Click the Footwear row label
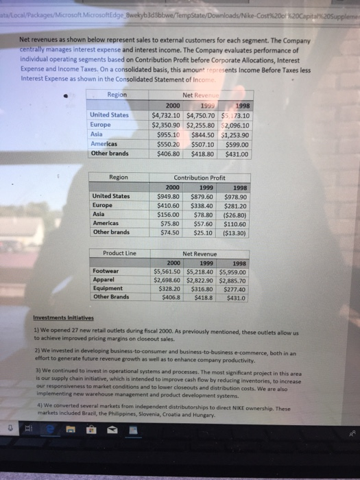[x=106, y=271]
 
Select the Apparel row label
[x=104, y=280]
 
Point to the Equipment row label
[x=108, y=289]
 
